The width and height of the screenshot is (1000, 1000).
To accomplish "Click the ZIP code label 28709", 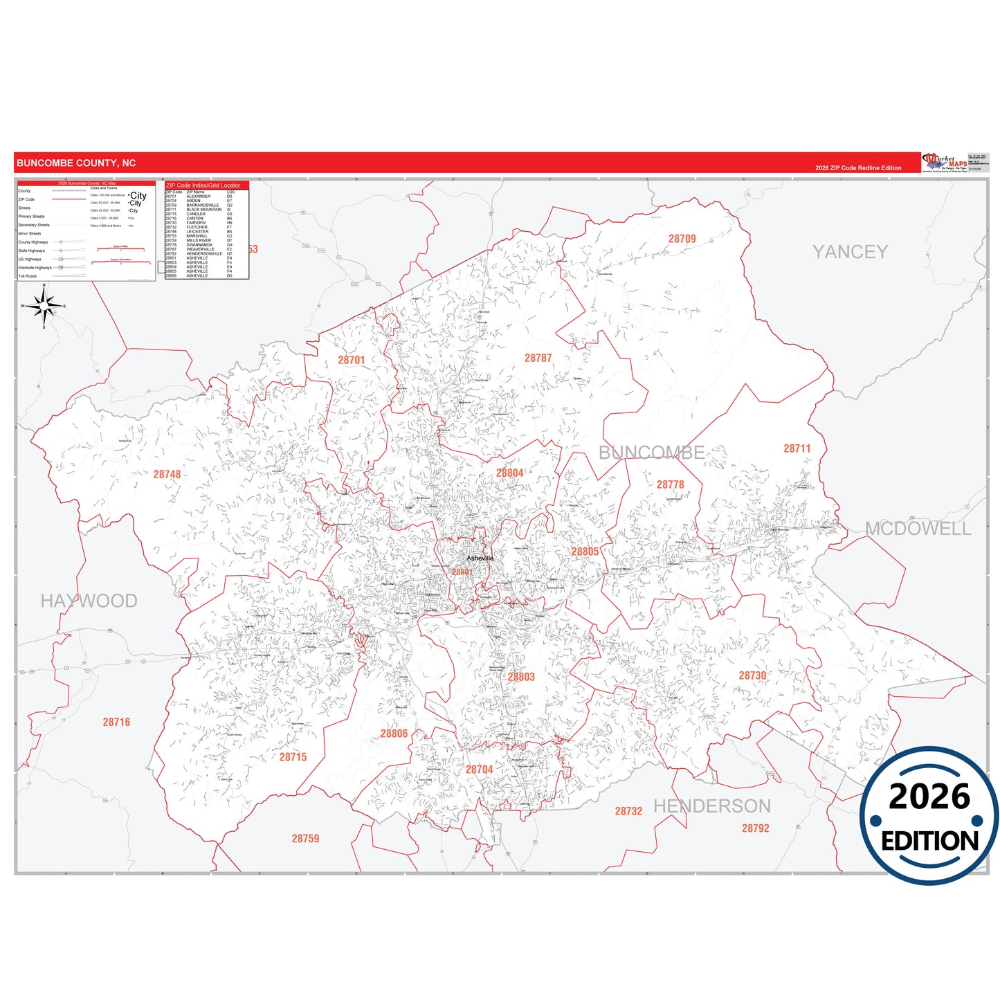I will [682, 239].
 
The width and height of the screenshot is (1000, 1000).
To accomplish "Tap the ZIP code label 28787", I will [538, 358].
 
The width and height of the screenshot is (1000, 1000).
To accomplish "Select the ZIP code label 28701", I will [351, 360].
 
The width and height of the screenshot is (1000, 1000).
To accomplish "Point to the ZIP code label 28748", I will [167, 474].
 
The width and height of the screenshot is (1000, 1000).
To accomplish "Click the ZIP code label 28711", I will [797, 448].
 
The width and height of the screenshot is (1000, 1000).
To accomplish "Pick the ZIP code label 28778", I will [670, 484].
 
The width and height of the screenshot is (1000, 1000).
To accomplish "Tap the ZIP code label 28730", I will [752, 675].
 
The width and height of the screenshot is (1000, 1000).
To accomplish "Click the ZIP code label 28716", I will [116, 722].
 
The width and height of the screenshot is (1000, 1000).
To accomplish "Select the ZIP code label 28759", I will [305, 838].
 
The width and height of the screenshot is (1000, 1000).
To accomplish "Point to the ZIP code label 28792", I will [755, 828].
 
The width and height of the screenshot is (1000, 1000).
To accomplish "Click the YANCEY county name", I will [850, 252].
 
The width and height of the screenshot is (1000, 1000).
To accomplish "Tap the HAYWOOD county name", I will [89, 601].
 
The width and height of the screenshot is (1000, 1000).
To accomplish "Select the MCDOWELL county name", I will [918, 529].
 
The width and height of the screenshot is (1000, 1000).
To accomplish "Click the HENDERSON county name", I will [712, 806].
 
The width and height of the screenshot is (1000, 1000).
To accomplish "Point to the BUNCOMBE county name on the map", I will [651, 453].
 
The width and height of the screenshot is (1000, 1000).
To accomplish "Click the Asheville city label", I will [480, 558].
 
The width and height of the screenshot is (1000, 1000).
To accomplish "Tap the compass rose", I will [44, 306].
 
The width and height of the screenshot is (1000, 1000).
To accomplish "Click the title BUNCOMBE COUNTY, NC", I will [76, 163].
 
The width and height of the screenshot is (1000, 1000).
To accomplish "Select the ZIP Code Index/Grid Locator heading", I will [203, 185].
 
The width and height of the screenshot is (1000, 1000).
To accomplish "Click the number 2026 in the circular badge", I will [929, 797].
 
